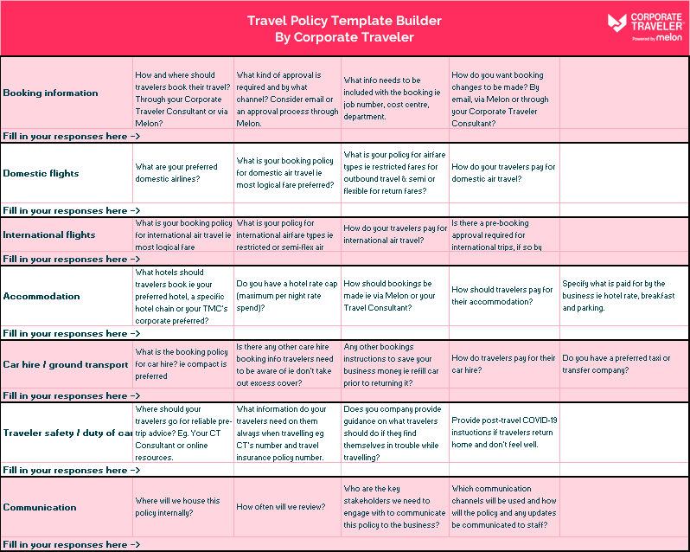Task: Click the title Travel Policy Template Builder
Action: tap(344, 21)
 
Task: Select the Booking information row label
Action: tap(51, 93)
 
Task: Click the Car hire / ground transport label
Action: tap(66, 364)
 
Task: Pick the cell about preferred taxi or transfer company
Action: tap(616, 364)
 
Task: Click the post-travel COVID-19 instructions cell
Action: tap(504, 432)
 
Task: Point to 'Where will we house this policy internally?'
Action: tap(178, 507)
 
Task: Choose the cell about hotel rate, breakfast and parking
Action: tap(618, 295)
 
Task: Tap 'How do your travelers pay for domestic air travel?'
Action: tap(503, 173)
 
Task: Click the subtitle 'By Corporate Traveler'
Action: tap(344, 37)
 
